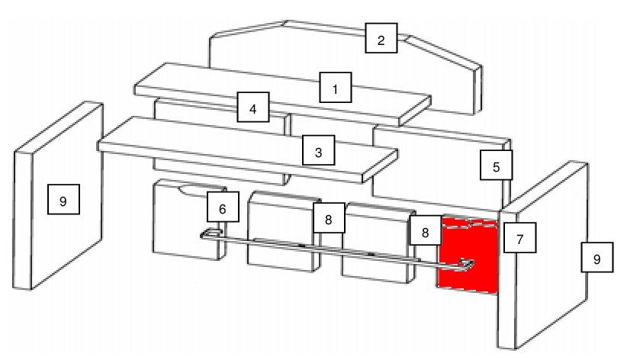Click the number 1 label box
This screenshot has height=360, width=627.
(x=336, y=88)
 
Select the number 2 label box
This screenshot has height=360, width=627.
(x=381, y=38)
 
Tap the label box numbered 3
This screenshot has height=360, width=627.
(x=318, y=150)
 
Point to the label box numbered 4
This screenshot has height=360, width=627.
(x=253, y=108)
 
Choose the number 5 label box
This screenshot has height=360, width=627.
(x=497, y=166)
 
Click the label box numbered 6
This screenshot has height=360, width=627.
(x=223, y=207)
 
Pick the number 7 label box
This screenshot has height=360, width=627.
(x=520, y=238)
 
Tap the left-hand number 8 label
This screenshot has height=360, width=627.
(x=329, y=218)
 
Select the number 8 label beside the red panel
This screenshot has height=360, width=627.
(x=426, y=230)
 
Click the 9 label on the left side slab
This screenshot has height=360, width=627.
(x=63, y=199)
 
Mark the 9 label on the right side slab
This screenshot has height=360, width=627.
(x=597, y=258)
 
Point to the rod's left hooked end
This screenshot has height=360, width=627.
(x=210, y=233)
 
